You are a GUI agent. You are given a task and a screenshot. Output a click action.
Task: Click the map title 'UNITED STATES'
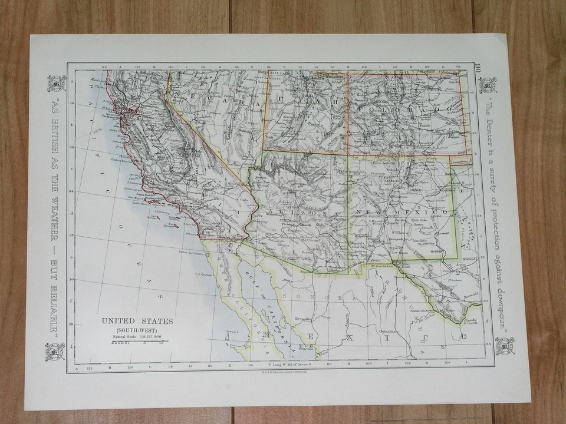pos(137,321)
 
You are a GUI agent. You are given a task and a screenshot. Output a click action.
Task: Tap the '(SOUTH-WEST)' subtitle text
pos(137,329)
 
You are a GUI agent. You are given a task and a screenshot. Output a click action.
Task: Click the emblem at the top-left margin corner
pos(55,84)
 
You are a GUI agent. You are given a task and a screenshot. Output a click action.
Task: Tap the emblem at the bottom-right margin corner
pos(504,346)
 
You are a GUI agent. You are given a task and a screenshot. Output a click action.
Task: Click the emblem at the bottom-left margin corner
pos(55,352)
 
